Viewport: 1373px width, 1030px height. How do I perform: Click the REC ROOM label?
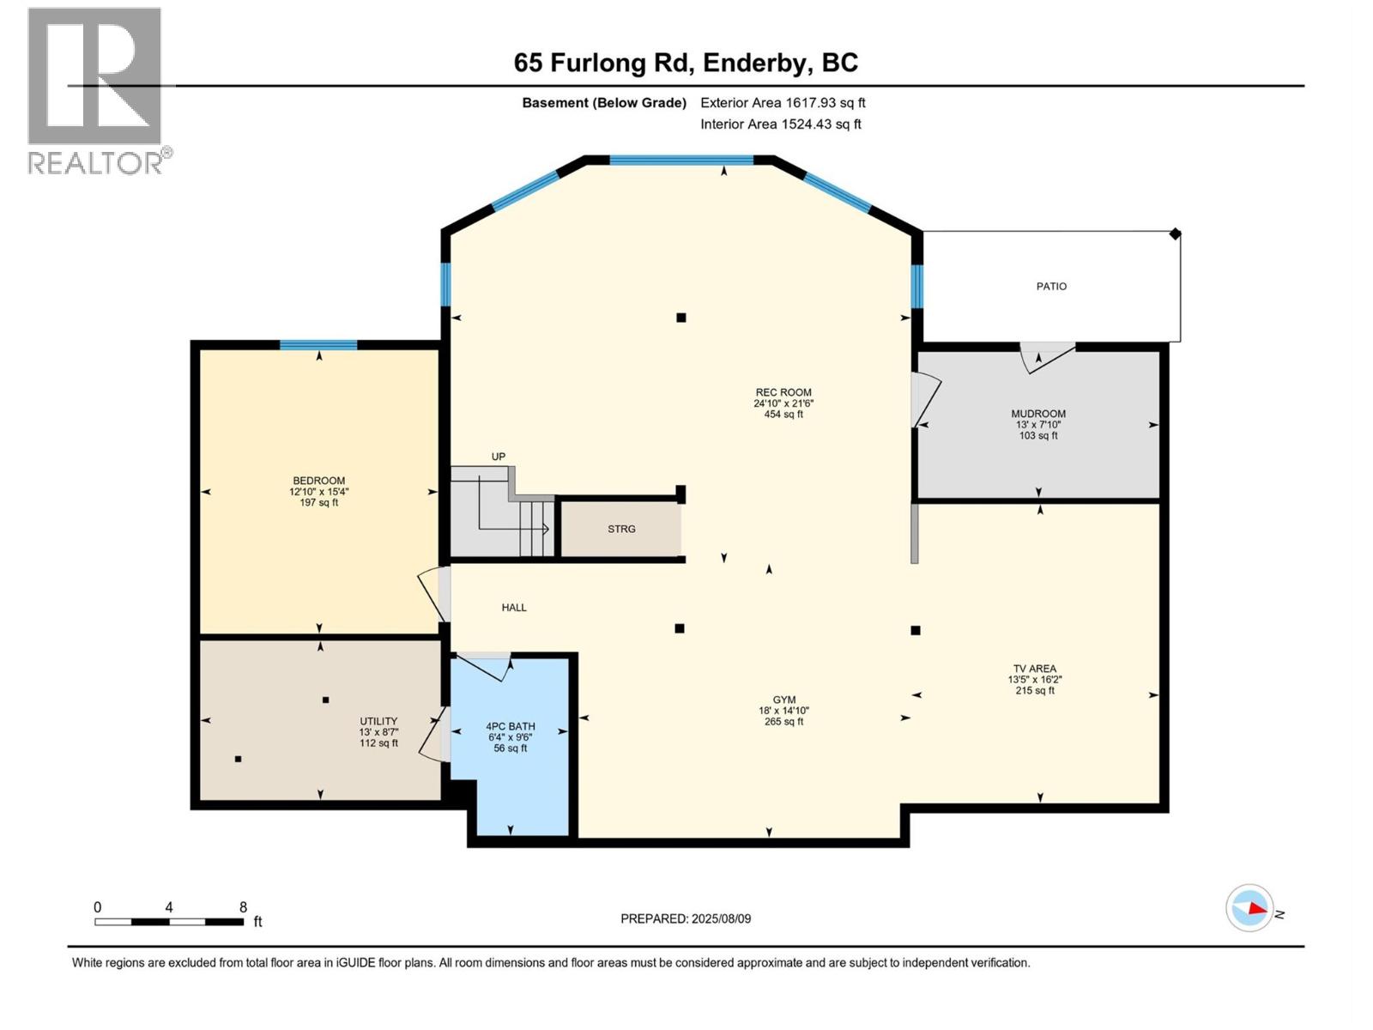[783, 392]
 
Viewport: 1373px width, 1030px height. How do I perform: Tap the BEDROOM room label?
[318, 481]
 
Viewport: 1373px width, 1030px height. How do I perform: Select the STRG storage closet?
[621, 529]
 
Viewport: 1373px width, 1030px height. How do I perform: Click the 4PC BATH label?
[510, 726]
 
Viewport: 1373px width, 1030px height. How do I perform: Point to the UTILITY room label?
[378, 721]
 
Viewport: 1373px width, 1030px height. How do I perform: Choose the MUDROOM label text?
[1037, 414]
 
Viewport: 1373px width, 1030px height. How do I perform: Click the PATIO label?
[1050, 287]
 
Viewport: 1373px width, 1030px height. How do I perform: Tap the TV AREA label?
[1034, 669]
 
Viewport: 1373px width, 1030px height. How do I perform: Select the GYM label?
[783, 700]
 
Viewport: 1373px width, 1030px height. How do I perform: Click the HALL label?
[514, 608]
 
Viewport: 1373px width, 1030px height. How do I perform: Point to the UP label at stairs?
[499, 457]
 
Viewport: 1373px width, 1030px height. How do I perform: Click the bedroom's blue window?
[318, 345]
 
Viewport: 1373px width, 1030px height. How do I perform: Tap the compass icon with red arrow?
[1249, 908]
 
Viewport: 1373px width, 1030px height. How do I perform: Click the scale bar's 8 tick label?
[243, 907]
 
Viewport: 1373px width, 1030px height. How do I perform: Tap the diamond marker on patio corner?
[1175, 233]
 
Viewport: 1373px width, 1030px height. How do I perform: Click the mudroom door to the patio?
[1046, 355]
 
